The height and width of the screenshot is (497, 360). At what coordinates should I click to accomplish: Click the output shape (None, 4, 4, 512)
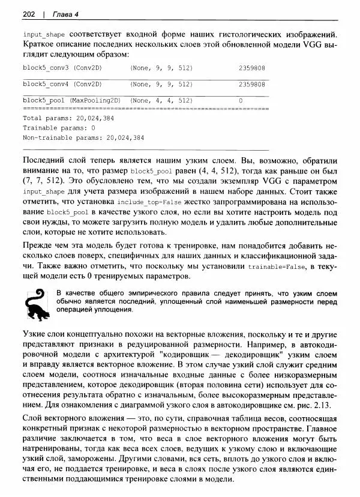pos(161,100)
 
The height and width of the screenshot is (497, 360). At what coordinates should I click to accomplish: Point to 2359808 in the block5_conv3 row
pos(252,68)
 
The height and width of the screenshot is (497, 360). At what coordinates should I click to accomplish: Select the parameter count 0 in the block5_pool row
pos(241,100)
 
